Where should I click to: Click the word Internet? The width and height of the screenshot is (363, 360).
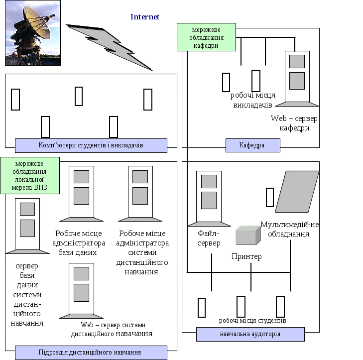(145, 16)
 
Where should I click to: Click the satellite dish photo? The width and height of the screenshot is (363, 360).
(33, 33)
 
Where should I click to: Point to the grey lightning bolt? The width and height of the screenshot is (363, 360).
(109, 47)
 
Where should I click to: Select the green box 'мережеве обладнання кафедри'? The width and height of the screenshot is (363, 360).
(206, 37)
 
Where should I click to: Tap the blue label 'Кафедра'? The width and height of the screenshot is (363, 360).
(253, 145)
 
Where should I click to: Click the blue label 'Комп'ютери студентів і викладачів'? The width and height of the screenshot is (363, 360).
(91, 145)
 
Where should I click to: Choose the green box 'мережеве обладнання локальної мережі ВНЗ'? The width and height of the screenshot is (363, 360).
(30, 175)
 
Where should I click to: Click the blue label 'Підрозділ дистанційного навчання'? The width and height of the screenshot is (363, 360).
(91, 353)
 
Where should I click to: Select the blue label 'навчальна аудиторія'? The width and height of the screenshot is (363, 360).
(250, 334)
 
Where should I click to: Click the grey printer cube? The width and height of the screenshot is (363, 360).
(248, 235)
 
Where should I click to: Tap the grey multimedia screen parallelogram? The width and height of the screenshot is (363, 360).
(297, 192)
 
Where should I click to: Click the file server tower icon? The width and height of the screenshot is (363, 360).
(209, 199)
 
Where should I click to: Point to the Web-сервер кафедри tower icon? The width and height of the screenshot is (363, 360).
(297, 79)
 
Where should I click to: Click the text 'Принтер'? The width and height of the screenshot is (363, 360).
(246, 256)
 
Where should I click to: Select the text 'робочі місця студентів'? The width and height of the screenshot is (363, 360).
(252, 321)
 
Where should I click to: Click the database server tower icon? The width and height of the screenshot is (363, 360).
(27, 226)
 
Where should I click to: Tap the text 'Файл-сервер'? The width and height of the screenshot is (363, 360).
(209, 238)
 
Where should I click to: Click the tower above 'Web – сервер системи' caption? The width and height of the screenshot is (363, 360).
(81, 291)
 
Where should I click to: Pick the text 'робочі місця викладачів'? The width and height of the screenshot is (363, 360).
(253, 100)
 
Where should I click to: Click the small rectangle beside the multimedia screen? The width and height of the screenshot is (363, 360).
(270, 197)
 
